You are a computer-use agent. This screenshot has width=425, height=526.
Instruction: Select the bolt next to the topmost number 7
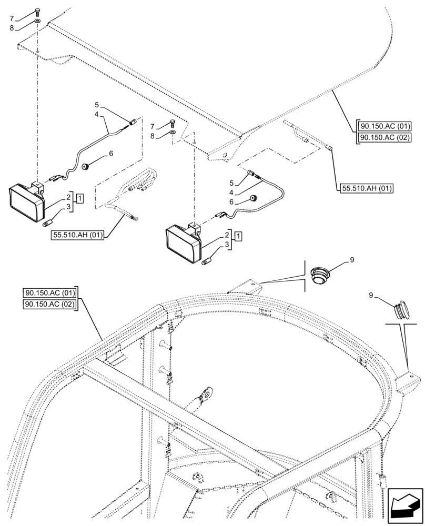tap(37, 12)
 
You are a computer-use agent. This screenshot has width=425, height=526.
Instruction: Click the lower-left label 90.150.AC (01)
tap(50, 293)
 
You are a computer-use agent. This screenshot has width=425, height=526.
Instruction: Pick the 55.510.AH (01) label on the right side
tap(366, 188)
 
